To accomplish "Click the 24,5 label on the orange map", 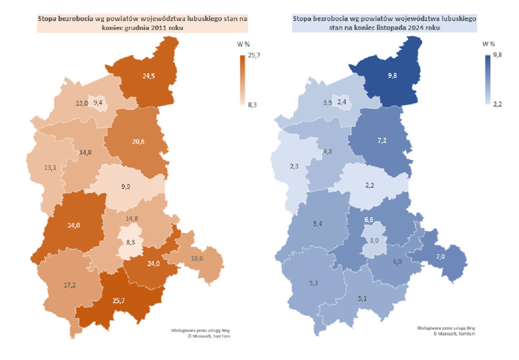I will (148, 76).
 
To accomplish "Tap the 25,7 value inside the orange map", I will (119, 301).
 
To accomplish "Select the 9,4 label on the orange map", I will (98, 102).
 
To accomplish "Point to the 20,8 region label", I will (138, 142).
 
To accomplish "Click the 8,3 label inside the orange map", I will (131, 242).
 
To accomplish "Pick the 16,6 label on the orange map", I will (197, 258).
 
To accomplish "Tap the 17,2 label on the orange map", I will (70, 285).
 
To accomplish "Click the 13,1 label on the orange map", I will (50, 168).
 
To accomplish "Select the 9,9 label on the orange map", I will (126, 186).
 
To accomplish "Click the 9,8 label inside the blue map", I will (392, 76).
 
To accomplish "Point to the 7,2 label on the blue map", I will (382, 141).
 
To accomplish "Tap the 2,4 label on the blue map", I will (342, 102).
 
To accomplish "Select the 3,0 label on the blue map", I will (374, 240).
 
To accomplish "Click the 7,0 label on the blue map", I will (440, 257).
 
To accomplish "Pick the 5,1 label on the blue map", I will (362, 298).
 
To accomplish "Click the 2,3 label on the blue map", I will (294, 166).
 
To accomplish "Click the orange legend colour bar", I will (242, 80).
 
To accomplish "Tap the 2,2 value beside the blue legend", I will (498, 104).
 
